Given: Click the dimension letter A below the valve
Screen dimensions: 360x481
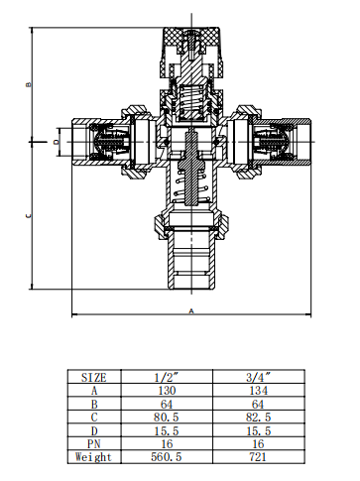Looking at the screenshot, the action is (191, 311).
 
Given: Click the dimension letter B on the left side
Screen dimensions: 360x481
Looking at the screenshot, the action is (29, 84).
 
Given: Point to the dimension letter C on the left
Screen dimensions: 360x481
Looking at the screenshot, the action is (29, 216).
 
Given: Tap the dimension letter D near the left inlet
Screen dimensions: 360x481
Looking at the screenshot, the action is (57, 142).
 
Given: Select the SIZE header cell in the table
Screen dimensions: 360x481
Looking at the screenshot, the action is (94, 377).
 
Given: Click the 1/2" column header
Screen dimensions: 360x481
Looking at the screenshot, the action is (167, 377).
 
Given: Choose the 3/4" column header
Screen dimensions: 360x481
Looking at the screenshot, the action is (258, 377).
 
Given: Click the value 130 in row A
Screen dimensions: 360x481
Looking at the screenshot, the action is (167, 391).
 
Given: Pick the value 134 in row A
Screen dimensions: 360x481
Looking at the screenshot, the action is (258, 391).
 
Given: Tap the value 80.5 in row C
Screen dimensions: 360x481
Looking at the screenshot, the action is (166, 418).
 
